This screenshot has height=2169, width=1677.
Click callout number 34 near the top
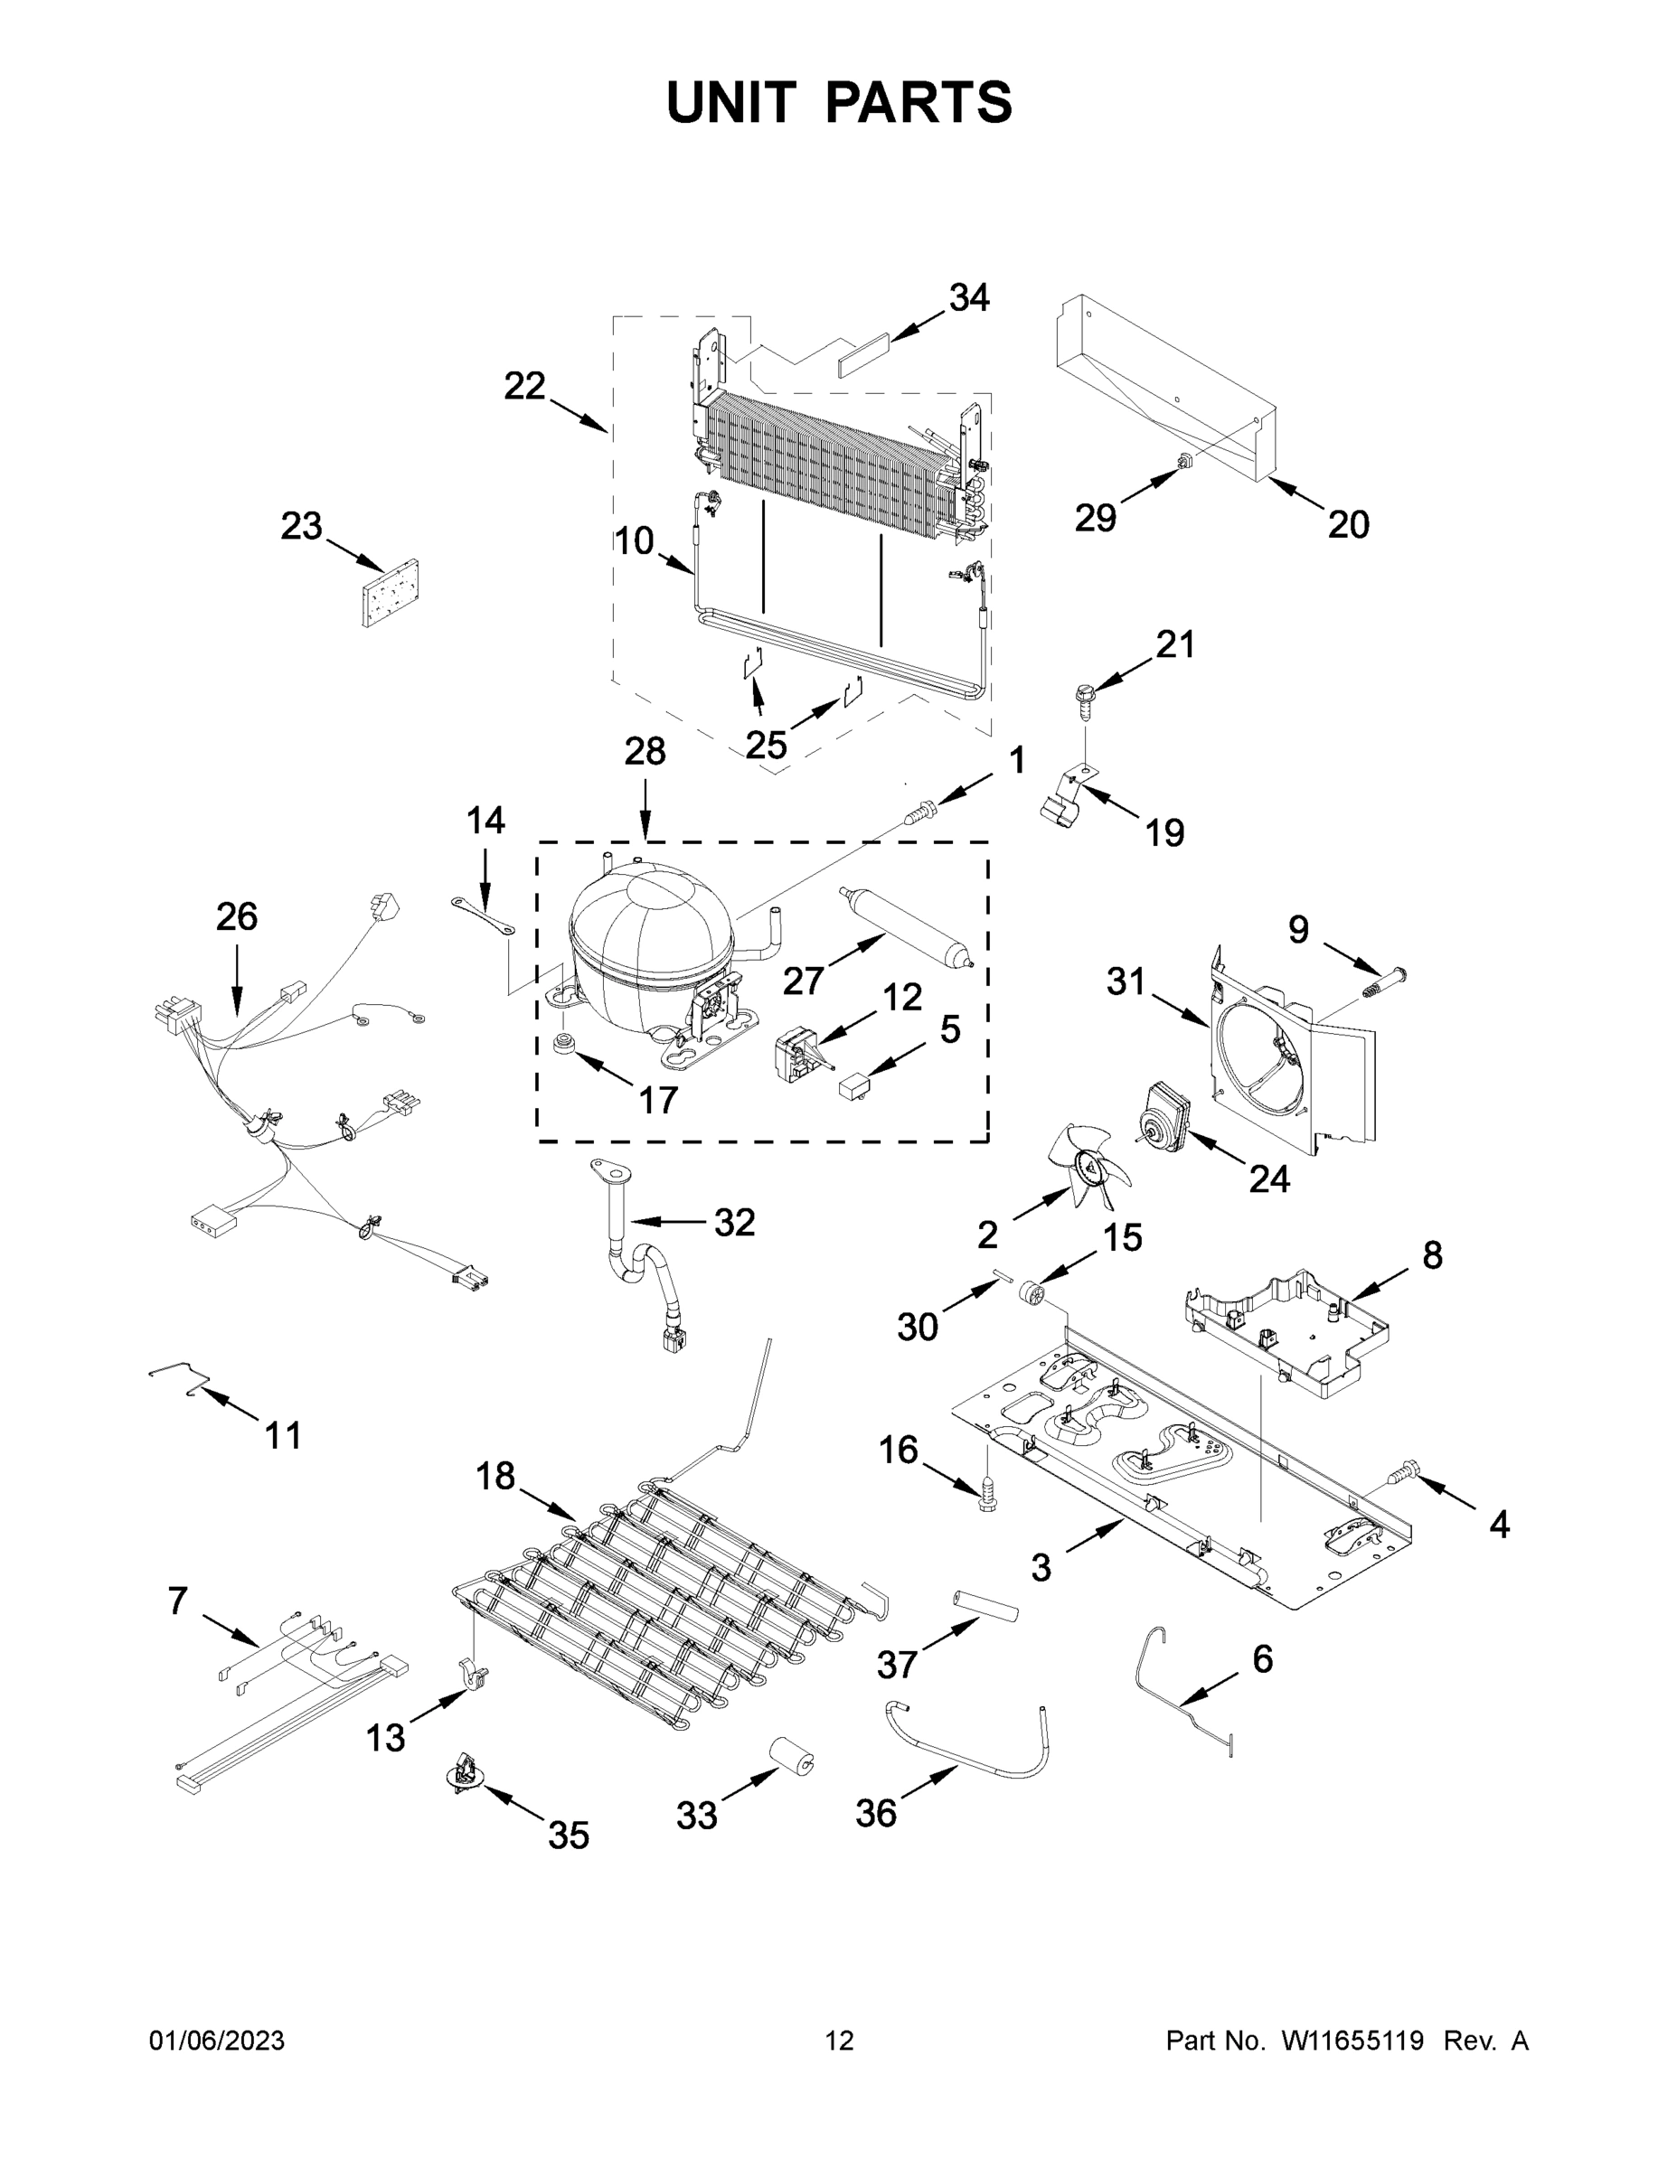click(968, 297)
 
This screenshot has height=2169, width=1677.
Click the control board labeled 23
click(391, 594)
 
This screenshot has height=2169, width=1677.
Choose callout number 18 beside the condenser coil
click(495, 1477)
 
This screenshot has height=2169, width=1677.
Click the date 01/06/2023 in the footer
click(217, 2040)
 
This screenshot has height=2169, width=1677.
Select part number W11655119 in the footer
click(1352, 2040)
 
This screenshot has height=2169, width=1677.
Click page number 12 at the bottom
click(840, 2040)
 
